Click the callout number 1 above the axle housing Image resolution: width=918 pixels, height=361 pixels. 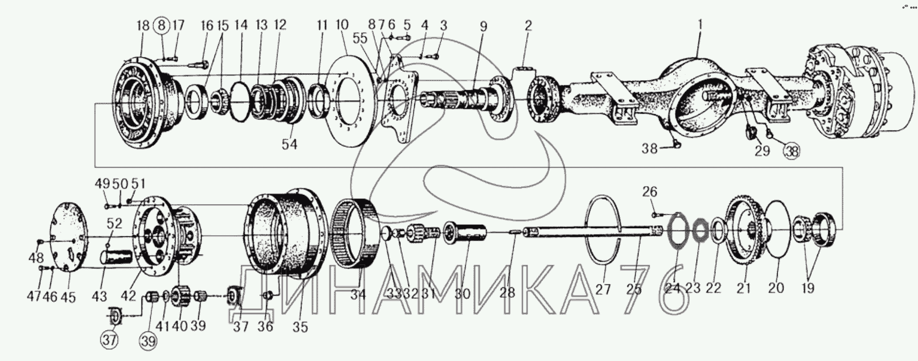(x=701, y=25)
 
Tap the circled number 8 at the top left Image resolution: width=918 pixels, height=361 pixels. (x=161, y=25)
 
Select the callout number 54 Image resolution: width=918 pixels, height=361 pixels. (x=290, y=144)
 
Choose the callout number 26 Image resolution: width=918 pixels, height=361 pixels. (x=650, y=191)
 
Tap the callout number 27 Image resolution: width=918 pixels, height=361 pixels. (x=604, y=288)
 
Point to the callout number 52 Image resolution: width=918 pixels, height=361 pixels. (x=115, y=223)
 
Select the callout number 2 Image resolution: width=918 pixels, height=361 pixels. (x=528, y=25)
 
